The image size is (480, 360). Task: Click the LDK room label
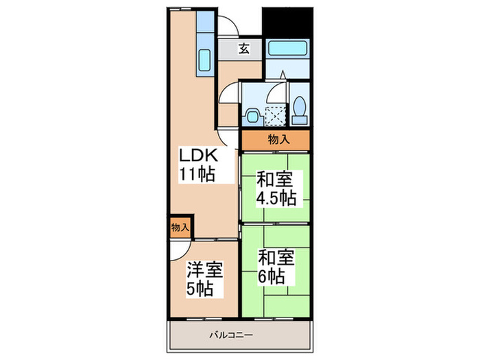coord(199,154)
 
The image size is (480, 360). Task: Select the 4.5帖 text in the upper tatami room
coord(276,198)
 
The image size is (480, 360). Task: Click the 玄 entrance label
coord(244,49)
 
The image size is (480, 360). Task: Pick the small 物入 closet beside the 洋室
coord(180,226)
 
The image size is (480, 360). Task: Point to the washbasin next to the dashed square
coord(252,115)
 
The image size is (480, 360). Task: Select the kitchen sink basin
coord(204,62)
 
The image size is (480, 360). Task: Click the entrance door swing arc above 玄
coord(233,26)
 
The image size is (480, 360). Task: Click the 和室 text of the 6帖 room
coord(276,259)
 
